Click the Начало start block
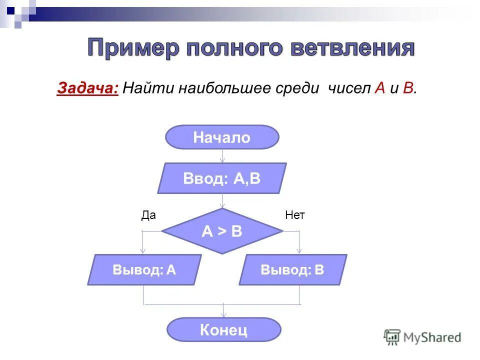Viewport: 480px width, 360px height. (222, 137)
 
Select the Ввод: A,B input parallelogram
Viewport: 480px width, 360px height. (222, 178)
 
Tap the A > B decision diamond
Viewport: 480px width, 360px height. (222, 231)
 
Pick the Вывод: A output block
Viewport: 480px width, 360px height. (144, 270)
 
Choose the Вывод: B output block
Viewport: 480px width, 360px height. (292, 270)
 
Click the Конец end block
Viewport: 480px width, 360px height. (224, 330)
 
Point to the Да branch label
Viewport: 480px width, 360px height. (148, 215)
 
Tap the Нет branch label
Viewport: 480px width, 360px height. (294, 215)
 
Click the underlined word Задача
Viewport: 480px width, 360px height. (87, 88)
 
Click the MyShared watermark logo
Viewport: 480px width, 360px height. (422, 337)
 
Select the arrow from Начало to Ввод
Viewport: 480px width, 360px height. (222, 156)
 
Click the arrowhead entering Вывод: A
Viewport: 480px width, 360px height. (143, 250)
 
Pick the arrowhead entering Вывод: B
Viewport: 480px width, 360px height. (299, 250)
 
